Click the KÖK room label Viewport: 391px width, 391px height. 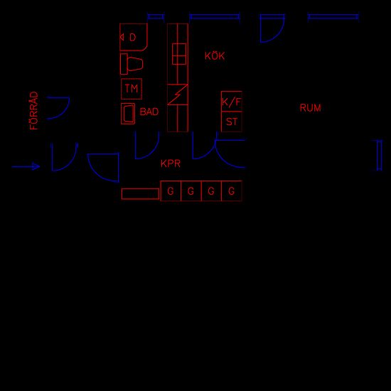[215, 55]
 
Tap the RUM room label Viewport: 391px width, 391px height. [310, 108]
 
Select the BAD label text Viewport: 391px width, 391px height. [149, 112]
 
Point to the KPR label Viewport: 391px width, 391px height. [171, 164]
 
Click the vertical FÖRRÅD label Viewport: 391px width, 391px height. [34, 110]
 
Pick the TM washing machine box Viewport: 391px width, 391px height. [132, 89]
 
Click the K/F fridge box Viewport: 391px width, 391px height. [232, 101]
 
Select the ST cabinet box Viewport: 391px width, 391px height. [232, 122]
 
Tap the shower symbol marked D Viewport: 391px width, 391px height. [134, 37]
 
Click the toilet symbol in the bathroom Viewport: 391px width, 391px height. [132, 64]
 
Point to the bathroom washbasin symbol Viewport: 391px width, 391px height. [128, 114]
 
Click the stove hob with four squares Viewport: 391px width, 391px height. [179, 54]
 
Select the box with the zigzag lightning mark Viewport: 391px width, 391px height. [178, 95]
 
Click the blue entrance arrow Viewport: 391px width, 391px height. [26, 166]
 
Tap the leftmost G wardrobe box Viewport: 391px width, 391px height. [171, 191]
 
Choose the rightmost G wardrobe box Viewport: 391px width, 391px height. [232, 191]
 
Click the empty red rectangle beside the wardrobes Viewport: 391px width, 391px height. [140, 194]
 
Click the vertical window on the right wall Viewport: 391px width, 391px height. [379, 156]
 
